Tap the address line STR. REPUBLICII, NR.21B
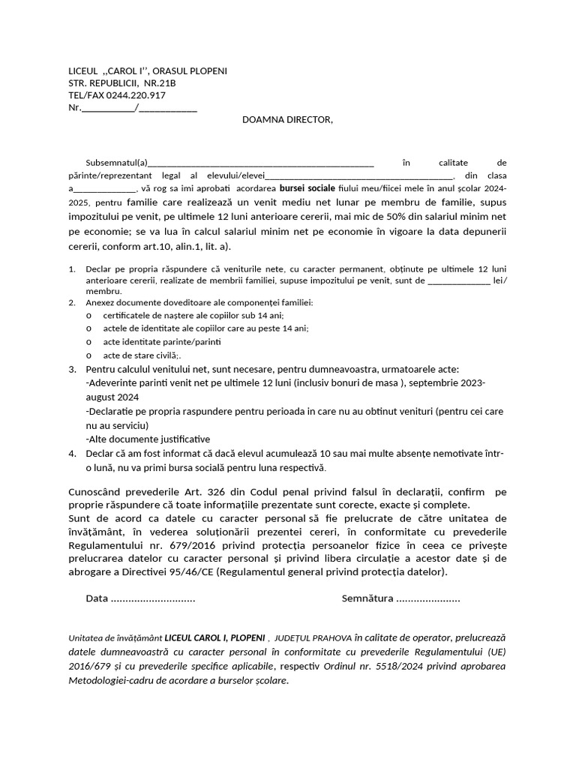point(122,83)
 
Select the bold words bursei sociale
point(307,188)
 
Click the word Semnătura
point(367,598)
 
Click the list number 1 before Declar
point(72,268)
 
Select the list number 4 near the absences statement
point(72,454)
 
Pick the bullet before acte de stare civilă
point(89,355)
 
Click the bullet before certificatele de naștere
point(89,316)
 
